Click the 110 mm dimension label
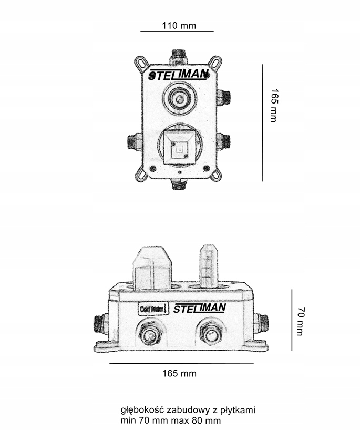point(179,26)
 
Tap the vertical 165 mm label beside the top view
point(274,105)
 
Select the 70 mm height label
point(301,321)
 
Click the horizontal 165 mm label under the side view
point(179,373)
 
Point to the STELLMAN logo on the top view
point(179,75)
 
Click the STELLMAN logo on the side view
point(200,308)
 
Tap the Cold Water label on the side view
point(153,309)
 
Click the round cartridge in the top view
point(179,98)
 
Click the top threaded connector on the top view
point(179,56)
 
